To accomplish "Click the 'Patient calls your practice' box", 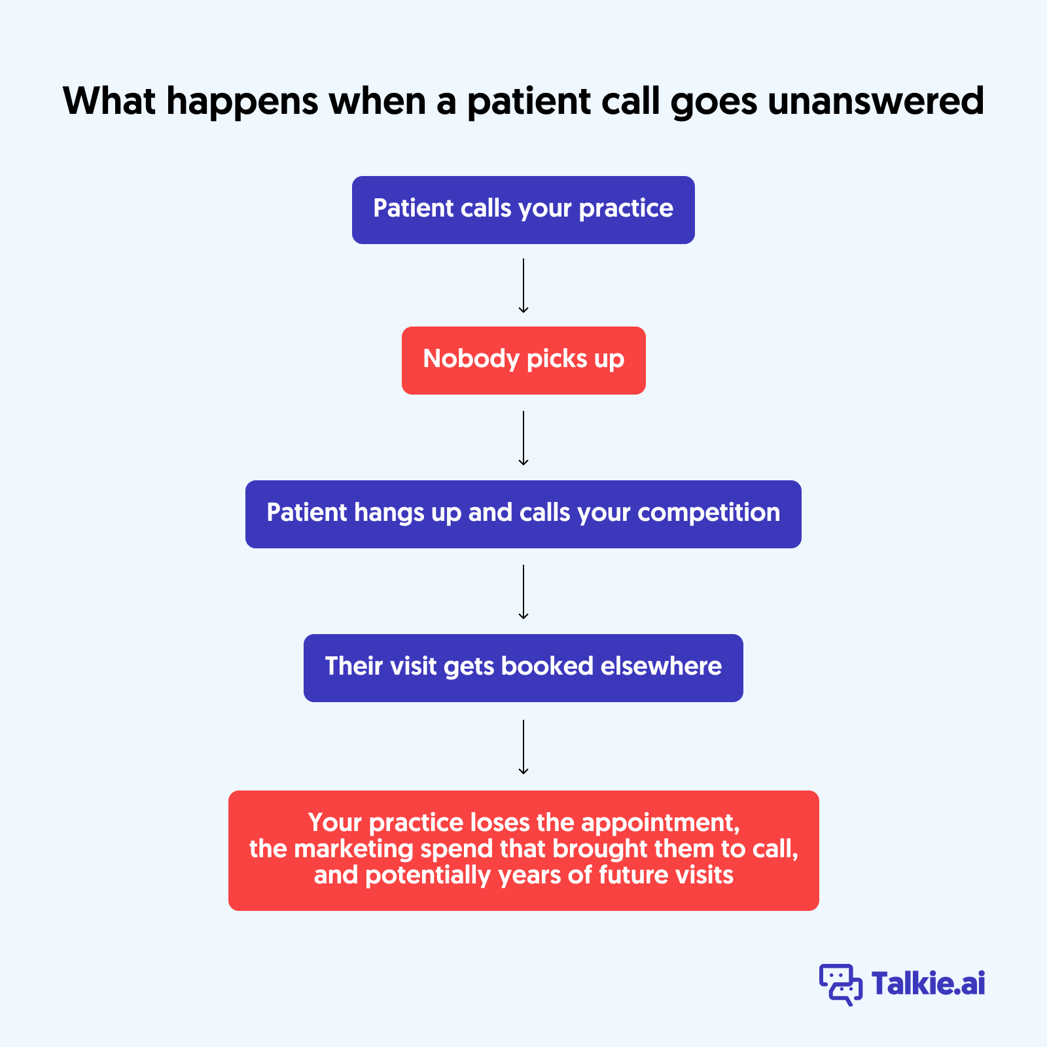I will pyautogui.click(x=523, y=209).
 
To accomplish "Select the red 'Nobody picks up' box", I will pyautogui.click(x=523, y=360).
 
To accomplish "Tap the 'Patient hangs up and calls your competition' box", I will pyautogui.click(x=523, y=514).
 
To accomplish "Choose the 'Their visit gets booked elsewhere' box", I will pyautogui.click(x=523, y=667).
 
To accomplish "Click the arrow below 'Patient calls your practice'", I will pyautogui.click(x=523, y=285).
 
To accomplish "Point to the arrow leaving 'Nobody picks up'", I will pyautogui.click(x=523, y=438).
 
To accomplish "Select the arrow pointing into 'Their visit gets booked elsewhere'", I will pyautogui.click(x=523, y=592).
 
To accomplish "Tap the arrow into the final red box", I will pyautogui.click(x=523, y=747).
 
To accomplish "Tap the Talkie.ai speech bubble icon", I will pyautogui.click(x=840, y=984).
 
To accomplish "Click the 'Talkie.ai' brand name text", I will pyautogui.click(x=928, y=984).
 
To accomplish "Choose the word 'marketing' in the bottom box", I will pyautogui.click(x=353, y=849).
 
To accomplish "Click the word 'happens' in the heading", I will pyautogui.click(x=242, y=103).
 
